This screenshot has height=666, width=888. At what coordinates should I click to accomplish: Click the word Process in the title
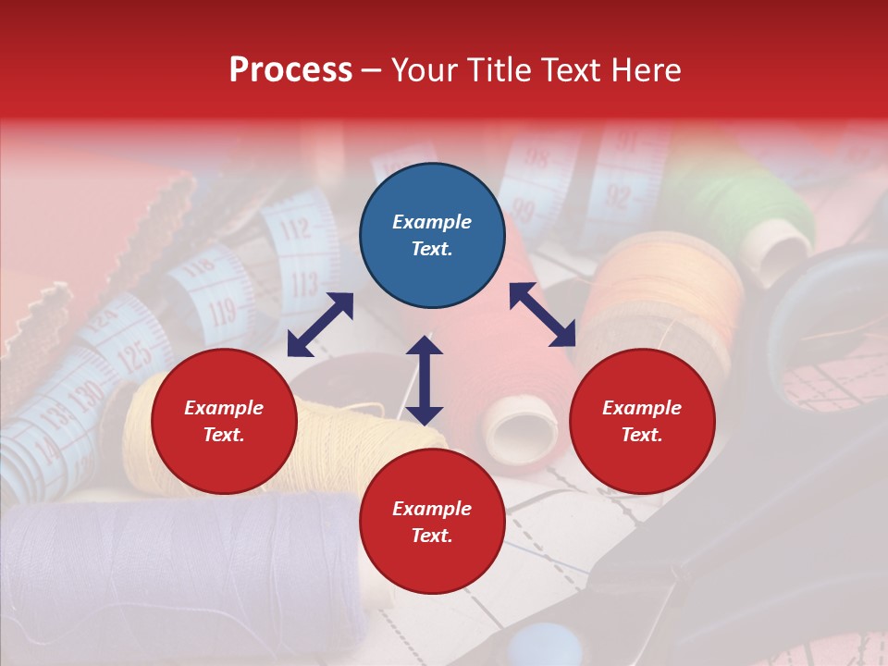(x=290, y=70)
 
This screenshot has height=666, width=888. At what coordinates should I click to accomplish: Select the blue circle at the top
(x=432, y=236)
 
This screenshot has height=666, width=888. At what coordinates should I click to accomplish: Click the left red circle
(x=224, y=422)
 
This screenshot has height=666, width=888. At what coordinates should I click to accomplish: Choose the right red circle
(x=642, y=422)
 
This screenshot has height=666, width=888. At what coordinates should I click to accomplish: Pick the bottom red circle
(x=432, y=522)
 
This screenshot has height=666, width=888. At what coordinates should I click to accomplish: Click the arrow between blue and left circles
(x=320, y=325)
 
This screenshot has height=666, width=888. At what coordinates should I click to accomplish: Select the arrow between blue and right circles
(x=543, y=314)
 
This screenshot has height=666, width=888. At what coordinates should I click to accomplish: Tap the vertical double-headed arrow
(x=425, y=380)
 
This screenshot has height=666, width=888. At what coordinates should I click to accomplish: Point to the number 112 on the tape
(x=294, y=228)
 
